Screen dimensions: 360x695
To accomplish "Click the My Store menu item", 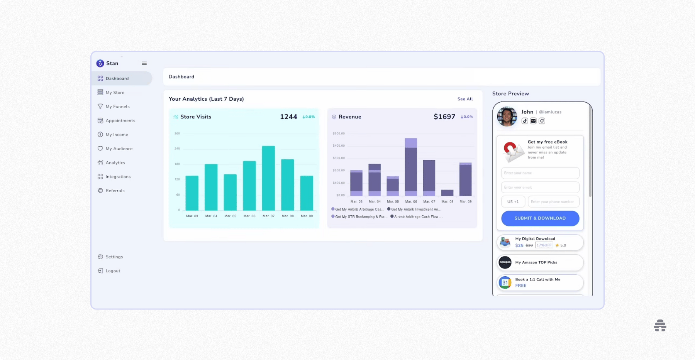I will [115, 93].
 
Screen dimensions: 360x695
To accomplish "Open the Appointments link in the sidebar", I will [120, 121].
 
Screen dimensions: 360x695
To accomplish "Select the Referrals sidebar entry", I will [115, 191].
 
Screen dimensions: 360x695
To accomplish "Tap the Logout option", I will [113, 271].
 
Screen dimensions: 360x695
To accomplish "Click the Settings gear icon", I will [100, 257].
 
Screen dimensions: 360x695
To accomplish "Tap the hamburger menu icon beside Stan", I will [144, 63].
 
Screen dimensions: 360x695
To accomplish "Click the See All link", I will [465, 99].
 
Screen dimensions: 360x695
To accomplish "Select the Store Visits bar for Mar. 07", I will [268, 178].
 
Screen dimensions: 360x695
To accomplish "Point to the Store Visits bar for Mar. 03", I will [192, 193].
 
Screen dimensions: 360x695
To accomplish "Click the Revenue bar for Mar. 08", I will [447, 193].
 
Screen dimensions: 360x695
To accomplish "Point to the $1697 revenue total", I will [444, 117].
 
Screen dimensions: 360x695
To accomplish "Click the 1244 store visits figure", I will [288, 117].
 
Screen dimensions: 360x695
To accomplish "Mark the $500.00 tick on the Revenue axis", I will [339, 134].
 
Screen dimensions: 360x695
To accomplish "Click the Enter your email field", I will [540, 188].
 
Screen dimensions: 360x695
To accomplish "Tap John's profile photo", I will [507, 116].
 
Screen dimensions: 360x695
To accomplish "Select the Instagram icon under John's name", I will [542, 121].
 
